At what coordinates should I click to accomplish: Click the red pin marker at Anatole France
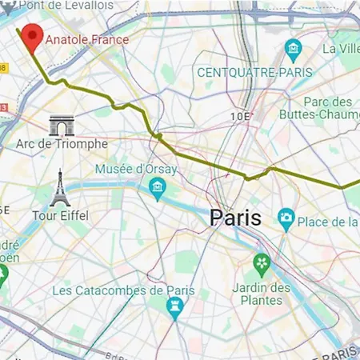32,36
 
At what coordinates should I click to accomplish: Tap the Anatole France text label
86,38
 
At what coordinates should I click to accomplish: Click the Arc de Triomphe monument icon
61,125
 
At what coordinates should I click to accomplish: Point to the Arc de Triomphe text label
62,144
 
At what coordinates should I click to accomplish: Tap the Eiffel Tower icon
58,189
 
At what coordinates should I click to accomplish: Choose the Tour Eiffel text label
60,215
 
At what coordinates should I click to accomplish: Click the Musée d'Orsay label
130,169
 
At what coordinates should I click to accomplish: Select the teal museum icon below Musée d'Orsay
157,186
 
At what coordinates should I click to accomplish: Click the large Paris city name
235,217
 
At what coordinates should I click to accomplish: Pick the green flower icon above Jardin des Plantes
262,262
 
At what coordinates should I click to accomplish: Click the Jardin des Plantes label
262,294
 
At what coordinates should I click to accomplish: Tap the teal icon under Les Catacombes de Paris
174,306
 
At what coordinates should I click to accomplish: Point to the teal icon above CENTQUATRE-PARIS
294,50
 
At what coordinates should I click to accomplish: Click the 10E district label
240,116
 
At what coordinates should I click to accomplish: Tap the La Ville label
341,48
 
